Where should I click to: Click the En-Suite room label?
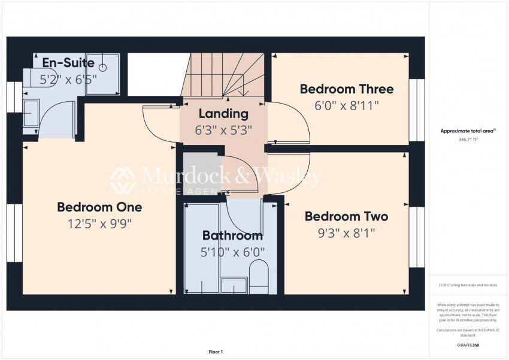point(68,63)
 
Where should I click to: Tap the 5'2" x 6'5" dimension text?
point(68,78)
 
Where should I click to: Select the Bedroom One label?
point(99,207)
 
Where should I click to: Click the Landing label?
point(223,113)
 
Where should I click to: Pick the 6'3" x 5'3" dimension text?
point(223,129)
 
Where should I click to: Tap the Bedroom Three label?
point(347,89)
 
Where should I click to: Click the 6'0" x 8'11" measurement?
point(347,105)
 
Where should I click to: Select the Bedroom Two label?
point(346,216)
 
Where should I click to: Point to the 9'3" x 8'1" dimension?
point(346,232)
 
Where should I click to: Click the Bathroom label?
point(232,235)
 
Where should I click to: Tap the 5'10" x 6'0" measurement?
point(232,252)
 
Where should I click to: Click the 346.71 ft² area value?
point(468,139)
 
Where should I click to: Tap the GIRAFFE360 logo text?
point(468,346)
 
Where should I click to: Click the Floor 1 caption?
point(215,352)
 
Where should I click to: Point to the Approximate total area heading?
point(468,131)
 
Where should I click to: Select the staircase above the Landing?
point(225,75)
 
